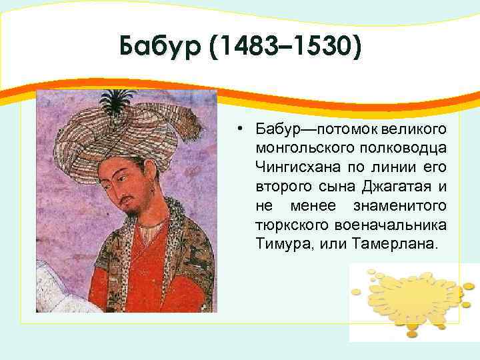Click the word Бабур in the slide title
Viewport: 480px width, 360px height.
(157, 47)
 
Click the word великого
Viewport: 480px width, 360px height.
(419, 127)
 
